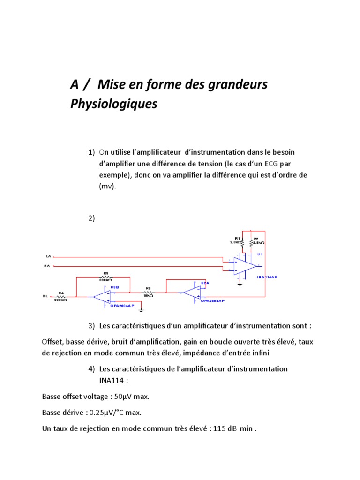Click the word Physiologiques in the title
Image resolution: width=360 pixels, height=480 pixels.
(x=113, y=104)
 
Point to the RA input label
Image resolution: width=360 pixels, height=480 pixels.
(x=47, y=266)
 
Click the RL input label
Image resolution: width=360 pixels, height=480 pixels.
(x=45, y=296)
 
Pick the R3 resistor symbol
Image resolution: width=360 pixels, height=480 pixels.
(x=105, y=277)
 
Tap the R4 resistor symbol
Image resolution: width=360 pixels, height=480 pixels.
(x=61, y=297)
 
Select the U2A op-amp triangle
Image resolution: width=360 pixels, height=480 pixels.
(x=191, y=292)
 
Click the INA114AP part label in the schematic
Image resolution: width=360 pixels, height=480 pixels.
(x=267, y=277)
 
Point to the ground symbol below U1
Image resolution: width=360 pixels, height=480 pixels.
(x=240, y=283)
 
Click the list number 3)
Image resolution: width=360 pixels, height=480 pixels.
(x=91, y=326)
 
